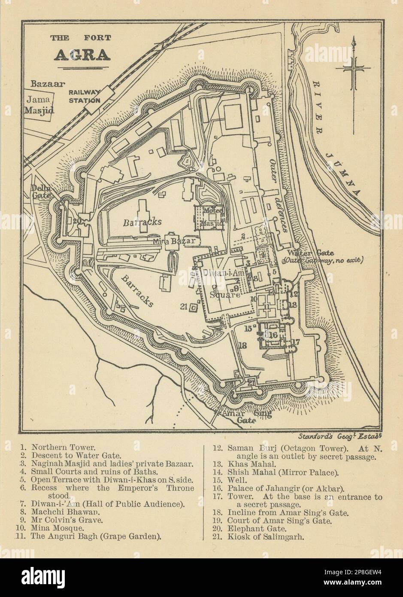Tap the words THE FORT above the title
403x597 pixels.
81,38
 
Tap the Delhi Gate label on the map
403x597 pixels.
41,191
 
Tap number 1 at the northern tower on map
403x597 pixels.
248,89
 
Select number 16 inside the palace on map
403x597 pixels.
274,335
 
